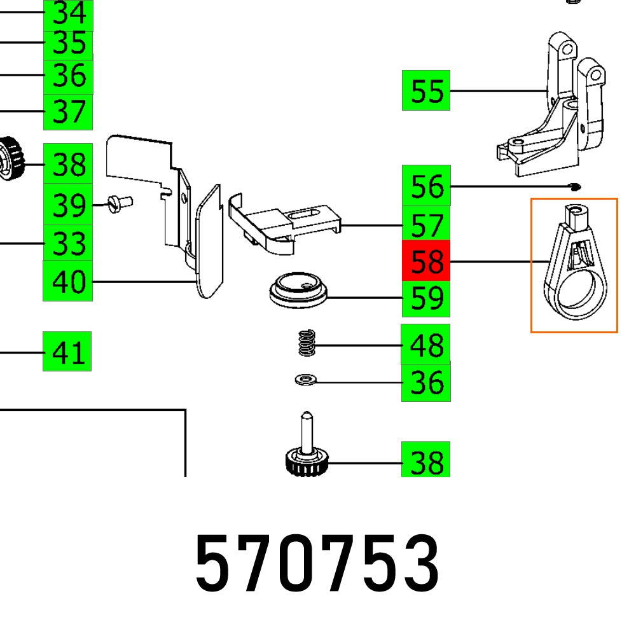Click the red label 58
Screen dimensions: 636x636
(x=426, y=261)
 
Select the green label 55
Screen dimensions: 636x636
(x=426, y=90)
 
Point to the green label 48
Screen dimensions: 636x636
(x=426, y=345)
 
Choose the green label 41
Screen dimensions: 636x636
(x=67, y=351)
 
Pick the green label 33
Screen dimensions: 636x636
(x=69, y=243)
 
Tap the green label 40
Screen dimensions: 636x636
(x=67, y=280)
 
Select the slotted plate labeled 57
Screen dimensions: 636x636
(x=286, y=223)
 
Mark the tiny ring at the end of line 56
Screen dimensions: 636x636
(x=575, y=186)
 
